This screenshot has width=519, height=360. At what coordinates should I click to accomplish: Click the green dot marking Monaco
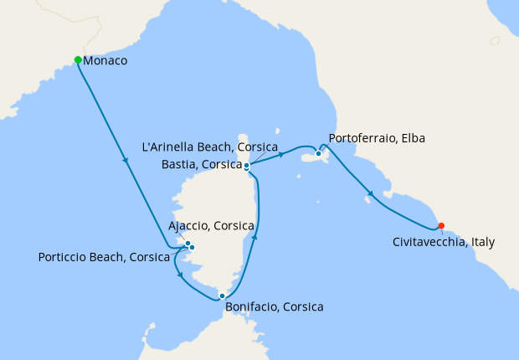click(x=78, y=59)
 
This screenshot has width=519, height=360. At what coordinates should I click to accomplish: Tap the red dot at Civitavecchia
click(x=441, y=225)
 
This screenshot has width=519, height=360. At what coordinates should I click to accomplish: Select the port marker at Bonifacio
click(x=222, y=296)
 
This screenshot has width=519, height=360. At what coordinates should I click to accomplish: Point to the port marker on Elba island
click(x=318, y=153)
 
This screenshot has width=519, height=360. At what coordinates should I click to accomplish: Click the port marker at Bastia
click(x=246, y=166)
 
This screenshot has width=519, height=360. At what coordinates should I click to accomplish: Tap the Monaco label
click(x=105, y=60)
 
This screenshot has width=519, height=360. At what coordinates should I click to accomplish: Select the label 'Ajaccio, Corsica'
click(x=212, y=226)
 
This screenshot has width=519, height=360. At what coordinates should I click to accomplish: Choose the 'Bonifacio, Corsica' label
click(x=274, y=307)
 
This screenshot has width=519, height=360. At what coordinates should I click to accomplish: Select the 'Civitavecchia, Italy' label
click(x=443, y=242)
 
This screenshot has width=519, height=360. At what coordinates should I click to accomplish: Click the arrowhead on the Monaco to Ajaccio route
click(x=126, y=162)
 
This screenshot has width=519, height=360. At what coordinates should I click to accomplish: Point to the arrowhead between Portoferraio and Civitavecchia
click(x=368, y=198)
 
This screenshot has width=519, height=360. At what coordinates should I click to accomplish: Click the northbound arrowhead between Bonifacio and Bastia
click(x=254, y=238)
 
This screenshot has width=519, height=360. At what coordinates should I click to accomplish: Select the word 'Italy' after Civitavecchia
click(x=481, y=242)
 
